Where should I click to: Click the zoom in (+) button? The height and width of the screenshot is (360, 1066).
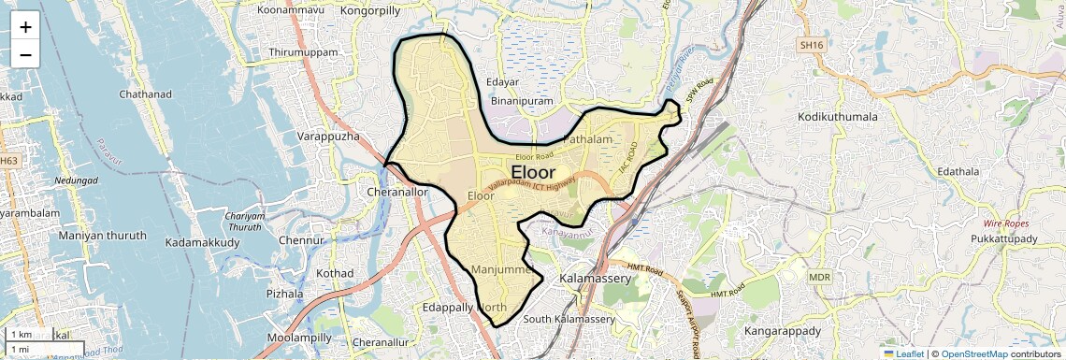coord(25,27)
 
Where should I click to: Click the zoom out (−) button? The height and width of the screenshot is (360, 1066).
coord(25,55)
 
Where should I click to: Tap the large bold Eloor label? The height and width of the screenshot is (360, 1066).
coord(533,173)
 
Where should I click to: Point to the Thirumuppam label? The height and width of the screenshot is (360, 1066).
coord(303,52)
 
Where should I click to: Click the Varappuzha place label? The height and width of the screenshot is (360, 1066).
coord(328,137)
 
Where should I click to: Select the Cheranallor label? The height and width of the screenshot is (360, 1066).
coord(396,191)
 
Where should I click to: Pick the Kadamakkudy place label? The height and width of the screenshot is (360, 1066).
coord(202,242)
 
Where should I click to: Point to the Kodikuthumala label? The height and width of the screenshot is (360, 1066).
coord(838,117)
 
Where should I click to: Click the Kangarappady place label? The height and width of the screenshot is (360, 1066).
coord(782,331)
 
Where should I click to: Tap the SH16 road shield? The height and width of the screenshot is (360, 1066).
coord(810,44)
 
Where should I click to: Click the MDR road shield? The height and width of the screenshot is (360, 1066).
coord(820,277)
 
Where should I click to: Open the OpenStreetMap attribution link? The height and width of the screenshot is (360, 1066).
coord(974,353)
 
